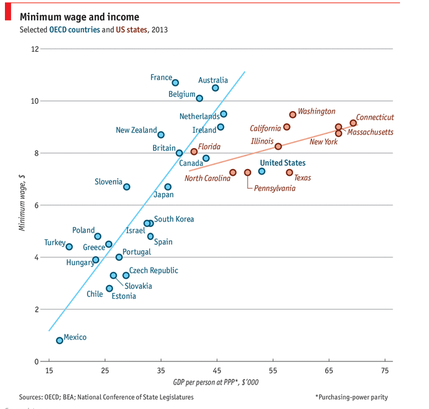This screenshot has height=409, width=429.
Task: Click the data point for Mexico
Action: click(x=60, y=341)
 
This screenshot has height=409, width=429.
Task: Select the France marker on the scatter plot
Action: click(x=175, y=83)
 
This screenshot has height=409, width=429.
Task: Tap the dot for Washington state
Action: click(x=293, y=115)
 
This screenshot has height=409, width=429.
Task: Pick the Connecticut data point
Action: click(x=353, y=123)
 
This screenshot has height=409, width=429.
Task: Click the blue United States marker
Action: click(x=262, y=171)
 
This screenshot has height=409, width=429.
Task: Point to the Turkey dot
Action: click(x=69, y=247)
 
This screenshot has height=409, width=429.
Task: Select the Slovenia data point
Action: click(x=127, y=187)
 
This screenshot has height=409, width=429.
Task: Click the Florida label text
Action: click(x=209, y=147)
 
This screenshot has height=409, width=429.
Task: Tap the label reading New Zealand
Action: click(x=136, y=130)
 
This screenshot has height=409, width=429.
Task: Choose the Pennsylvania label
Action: click(x=275, y=188)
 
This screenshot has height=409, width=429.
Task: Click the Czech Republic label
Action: click(x=154, y=271)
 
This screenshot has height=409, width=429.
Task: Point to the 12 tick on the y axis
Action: click(x=35, y=49)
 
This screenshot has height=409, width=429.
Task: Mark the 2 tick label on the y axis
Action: click(x=37, y=310)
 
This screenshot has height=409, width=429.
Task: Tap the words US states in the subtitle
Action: click(x=130, y=30)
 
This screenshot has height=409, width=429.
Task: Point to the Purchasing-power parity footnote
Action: click(x=351, y=397)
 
